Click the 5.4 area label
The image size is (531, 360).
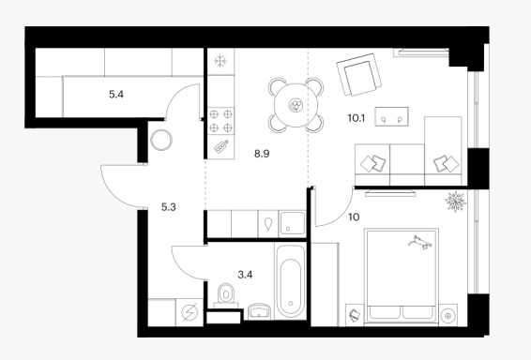[x=116, y=95]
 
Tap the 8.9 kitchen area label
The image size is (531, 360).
[x=262, y=154]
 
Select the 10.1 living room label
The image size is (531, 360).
[x=357, y=118]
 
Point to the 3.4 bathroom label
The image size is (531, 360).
[x=245, y=275]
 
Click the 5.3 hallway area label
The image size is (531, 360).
[x=168, y=207]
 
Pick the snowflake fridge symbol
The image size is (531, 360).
[x=220, y=61]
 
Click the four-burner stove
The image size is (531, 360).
[x=220, y=121]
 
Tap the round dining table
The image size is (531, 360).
[x=296, y=105]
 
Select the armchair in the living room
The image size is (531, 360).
[x=359, y=74]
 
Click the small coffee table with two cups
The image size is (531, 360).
[x=391, y=117]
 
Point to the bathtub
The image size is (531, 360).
[x=291, y=282]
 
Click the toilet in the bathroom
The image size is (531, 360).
[x=226, y=295]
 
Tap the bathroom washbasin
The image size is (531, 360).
[x=259, y=311]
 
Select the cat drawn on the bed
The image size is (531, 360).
[x=420, y=243]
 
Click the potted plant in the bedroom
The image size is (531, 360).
[x=456, y=202]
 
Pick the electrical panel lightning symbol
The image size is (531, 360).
[x=190, y=312]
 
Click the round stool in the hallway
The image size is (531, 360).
[x=161, y=140]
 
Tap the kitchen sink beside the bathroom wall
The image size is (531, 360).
[x=293, y=224]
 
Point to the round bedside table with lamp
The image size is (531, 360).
[x=448, y=316]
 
